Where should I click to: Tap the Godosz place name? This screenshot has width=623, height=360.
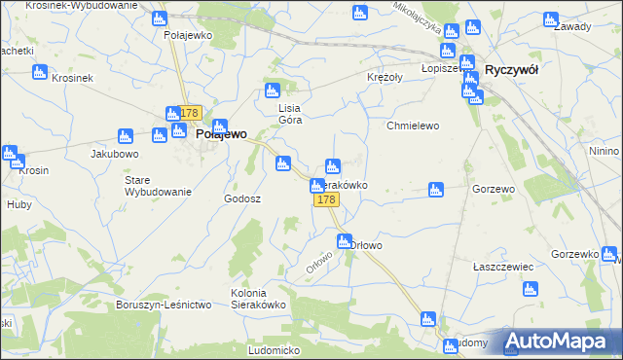coord(242,198)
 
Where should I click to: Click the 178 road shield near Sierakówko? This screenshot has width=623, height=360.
coord(326,199)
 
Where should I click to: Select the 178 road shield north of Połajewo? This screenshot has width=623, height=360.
coord(189,114)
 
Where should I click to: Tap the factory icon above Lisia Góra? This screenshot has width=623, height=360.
coord(274,92)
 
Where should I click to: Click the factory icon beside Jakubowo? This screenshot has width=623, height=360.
coord(125,136)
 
